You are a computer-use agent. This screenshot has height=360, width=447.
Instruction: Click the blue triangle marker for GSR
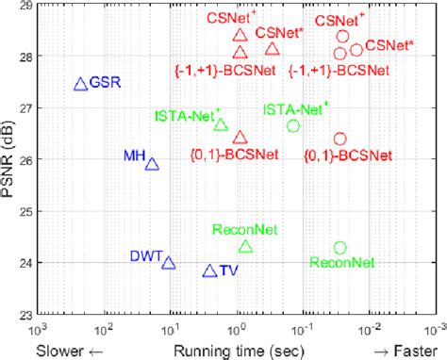click(80, 84)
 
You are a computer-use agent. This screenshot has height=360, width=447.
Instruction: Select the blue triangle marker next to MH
click(153, 164)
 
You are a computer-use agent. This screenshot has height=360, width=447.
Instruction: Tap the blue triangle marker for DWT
click(169, 263)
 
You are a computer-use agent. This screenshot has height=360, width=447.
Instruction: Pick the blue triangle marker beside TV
click(209, 271)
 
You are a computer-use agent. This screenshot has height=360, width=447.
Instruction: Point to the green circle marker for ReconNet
click(340, 248)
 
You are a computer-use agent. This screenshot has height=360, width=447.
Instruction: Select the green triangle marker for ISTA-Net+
click(221, 124)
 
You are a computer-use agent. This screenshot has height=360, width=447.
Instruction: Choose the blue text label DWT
click(145, 255)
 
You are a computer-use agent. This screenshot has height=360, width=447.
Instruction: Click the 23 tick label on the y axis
click(26, 315)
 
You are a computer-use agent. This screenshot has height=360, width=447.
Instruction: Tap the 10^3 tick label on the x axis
click(38, 329)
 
